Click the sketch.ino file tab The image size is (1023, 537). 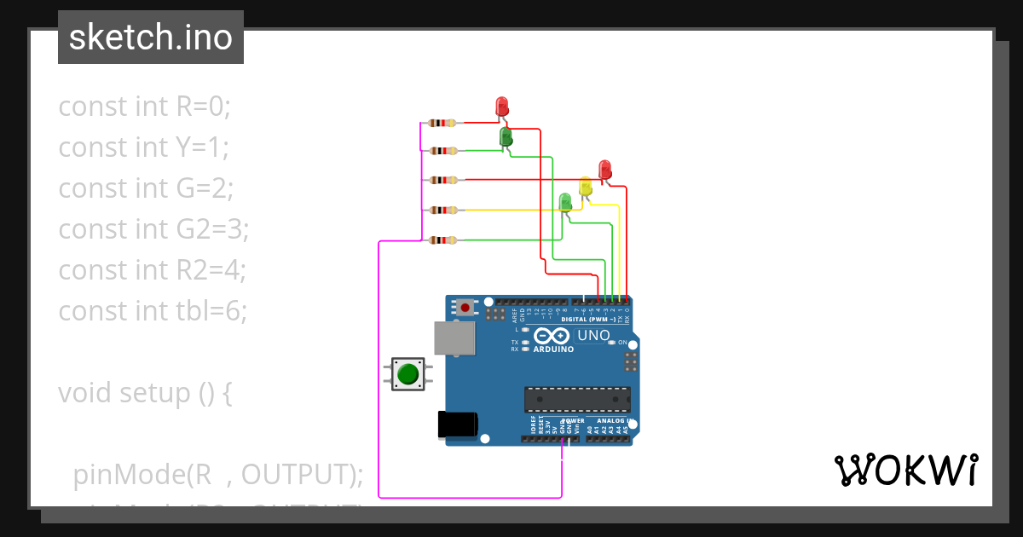(x=151, y=38)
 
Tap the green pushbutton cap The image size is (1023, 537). (x=408, y=373)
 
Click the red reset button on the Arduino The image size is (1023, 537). (x=465, y=307)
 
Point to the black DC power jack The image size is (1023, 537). (x=457, y=425)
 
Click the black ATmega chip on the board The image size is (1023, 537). (x=577, y=399)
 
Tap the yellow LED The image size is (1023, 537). (x=585, y=187)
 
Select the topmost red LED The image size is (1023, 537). (x=502, y=107)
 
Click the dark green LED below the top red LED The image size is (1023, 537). (x=505, y=136)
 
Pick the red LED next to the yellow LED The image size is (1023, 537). (x=605, y=169)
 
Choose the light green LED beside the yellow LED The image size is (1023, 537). (x=564, y=202)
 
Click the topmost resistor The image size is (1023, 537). (x=442, y=123)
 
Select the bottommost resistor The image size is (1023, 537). (x=442, y=240)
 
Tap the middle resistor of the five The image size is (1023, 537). (x=442, y=180)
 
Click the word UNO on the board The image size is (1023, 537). (x=594, y=336)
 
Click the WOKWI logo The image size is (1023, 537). (x=905, y=471)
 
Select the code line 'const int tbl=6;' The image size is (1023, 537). (x=153, y=311)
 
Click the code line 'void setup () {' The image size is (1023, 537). (x=145, y=393)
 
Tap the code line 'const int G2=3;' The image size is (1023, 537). (x=153, y=229)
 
